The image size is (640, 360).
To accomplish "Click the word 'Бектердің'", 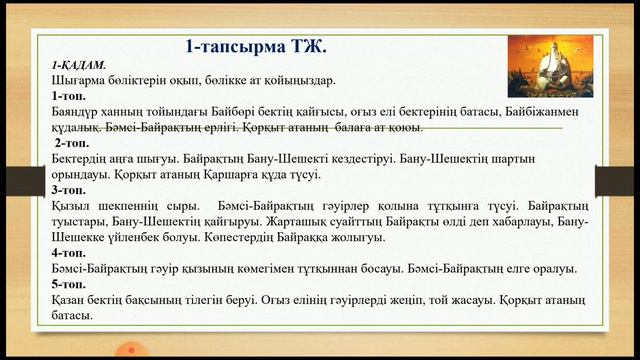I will click(82, 159).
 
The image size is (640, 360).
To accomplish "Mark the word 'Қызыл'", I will click(70, 207).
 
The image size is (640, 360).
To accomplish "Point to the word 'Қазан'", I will click(69, 301).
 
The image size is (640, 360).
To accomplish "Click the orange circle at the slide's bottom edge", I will click(127, 351).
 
